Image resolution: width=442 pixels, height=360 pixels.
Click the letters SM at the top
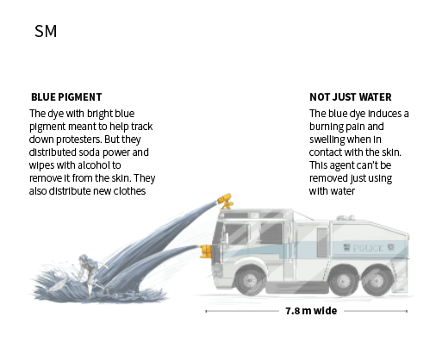pos(46,31)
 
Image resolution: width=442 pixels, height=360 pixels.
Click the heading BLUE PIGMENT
pos(66,97)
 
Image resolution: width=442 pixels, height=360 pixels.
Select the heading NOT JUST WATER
pos(351,97)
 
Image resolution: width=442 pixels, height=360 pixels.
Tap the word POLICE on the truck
pos(368,248)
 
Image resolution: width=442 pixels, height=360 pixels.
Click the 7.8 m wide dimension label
pos(311,311)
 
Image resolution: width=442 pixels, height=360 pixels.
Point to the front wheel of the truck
pos(250,279)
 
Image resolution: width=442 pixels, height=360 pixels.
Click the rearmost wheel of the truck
pos(376,281)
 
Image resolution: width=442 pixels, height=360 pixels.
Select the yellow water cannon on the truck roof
pos(225,201)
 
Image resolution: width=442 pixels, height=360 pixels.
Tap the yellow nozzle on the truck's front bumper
pos(206,251)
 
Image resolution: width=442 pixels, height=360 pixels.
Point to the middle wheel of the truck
pos(343,281)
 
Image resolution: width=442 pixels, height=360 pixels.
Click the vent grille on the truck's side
pos(322,243)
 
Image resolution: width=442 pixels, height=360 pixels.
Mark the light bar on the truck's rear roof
pos(346,218)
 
